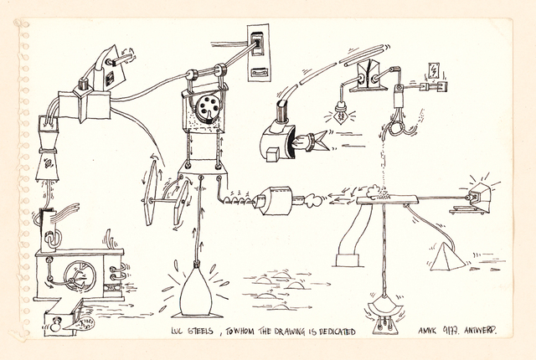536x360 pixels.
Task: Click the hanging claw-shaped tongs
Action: pos(398,126)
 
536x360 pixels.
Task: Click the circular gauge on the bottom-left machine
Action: pos(81,273)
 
